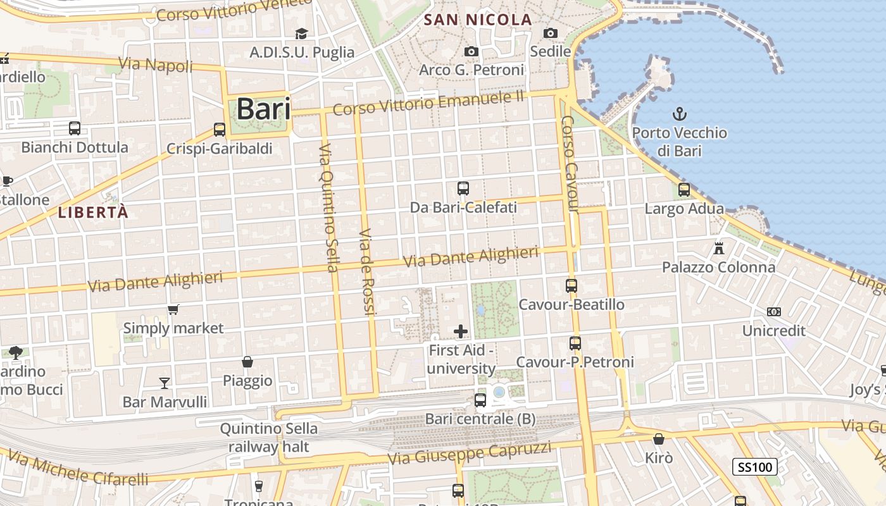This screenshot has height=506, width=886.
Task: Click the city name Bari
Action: click(x=263, y=109)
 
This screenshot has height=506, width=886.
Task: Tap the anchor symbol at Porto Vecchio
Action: click(x=679, y=114)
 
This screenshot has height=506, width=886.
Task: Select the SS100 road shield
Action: click(x=755, y=467)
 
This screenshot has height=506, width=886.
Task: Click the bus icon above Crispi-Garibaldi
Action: click(x=220, y=130)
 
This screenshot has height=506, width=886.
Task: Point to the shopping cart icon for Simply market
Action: click(x=173, y=309)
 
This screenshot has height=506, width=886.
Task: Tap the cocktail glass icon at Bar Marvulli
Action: click(x=165, y=383)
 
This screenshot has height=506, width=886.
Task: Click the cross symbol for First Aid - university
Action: click(x=461, y=331)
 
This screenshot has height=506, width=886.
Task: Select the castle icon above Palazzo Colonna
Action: click(x=718, y=248)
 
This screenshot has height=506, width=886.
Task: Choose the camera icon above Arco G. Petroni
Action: click(x=471, y=51)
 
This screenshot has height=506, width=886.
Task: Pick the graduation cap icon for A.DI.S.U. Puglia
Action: click(x=301, y=34)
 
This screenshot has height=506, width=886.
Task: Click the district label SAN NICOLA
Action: click(x=478, y=20)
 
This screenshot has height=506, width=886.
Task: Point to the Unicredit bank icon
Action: click(x=773, y=312)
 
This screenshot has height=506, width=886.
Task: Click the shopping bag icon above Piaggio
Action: click(x=247, y=362)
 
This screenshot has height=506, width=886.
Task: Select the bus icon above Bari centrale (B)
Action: click(x=480, y=400)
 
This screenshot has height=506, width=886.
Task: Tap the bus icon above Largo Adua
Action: click(x=683, y=189)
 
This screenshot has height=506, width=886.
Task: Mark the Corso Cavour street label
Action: click(x=570, y=164)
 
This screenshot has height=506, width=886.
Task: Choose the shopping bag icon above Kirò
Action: click(x=659, y=438)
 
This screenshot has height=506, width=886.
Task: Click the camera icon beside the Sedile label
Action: click(x=551, y=33)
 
